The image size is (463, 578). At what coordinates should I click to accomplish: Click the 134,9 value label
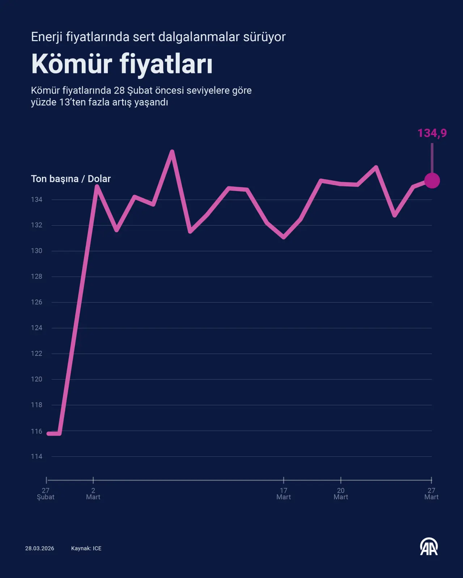click(x=432, y=133)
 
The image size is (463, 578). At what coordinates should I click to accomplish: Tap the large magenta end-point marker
click(x=432, y=181)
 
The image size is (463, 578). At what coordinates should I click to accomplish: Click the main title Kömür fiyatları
click(x=122, y=64)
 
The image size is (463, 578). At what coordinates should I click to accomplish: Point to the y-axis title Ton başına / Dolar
click(x=71, y=179)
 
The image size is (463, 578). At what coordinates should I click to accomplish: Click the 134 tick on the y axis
click(x=37, y=199)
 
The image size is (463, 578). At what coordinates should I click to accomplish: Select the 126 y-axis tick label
click(x=37, y=302)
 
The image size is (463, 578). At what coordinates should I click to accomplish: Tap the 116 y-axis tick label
click(x=37, y=431)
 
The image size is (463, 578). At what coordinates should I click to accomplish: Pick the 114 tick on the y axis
click(x=37, y=457)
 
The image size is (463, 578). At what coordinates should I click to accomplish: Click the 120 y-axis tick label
click(x=37, y=379)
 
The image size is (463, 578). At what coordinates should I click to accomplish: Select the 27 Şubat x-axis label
click(x=46, y=494)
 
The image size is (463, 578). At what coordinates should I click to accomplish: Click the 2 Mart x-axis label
click(x=93, y=494)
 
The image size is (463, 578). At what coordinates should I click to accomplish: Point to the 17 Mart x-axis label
click(x=284, y=494)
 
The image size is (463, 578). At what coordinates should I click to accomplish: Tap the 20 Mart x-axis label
click(x=341, y=494)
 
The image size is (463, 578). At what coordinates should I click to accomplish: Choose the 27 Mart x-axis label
click(x=431, y=494)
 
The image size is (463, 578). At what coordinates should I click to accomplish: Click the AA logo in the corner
click(x=429, y=547)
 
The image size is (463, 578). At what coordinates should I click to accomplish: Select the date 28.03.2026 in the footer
click(x=40, y=548)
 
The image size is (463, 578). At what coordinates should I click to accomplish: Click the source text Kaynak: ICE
click(x=86, y=548)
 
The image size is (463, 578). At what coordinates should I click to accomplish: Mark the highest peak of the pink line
click(x=172, y=152)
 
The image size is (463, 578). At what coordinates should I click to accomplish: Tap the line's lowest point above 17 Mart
click(x=284, y=237)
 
